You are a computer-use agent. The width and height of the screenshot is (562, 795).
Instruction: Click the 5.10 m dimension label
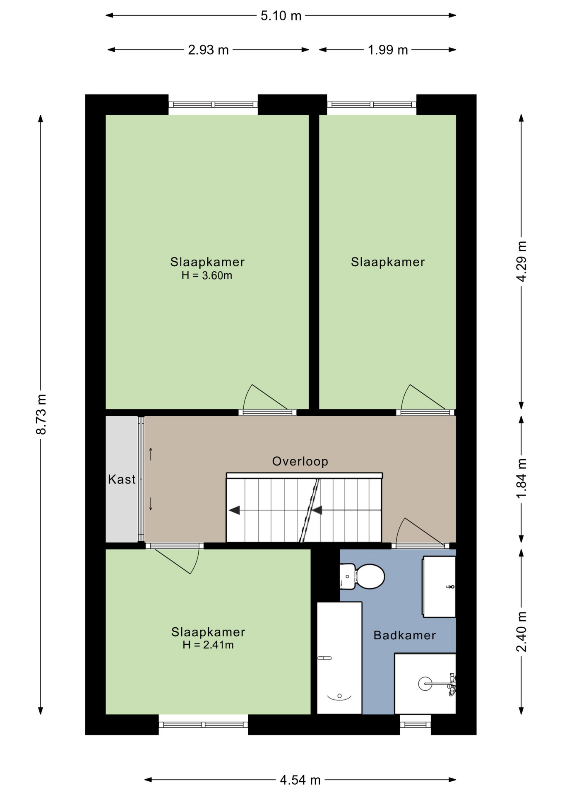point(281,16)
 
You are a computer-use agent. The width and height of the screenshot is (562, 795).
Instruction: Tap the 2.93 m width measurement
point(208,50)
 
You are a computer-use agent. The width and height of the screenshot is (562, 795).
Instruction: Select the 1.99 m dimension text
point(388,50)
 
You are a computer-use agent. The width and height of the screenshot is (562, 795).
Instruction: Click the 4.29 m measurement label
point(521,261)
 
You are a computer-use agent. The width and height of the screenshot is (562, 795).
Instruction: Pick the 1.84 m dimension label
point(521,478)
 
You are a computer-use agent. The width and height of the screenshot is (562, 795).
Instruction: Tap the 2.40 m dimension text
point(521,631)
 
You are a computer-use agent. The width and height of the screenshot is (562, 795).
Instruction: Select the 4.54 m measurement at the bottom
point(300,780)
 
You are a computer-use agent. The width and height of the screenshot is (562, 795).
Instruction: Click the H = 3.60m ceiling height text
point(207,275)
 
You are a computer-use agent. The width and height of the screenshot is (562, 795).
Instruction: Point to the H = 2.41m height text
point(208,645)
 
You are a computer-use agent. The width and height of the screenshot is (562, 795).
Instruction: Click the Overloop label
point(300,461)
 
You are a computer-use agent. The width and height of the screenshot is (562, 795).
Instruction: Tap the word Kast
point(122,479)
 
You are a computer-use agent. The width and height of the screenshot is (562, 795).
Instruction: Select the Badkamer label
point(405,635)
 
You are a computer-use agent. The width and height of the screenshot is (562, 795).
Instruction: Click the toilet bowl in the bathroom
point(370,576)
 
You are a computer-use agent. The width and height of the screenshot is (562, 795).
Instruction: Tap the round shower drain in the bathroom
point(425,684)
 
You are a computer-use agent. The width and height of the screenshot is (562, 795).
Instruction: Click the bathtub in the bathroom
point(339,658)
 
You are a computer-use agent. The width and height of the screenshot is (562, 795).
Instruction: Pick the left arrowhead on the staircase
point(235,510)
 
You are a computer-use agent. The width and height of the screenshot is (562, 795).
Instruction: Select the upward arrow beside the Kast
point(151,454)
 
